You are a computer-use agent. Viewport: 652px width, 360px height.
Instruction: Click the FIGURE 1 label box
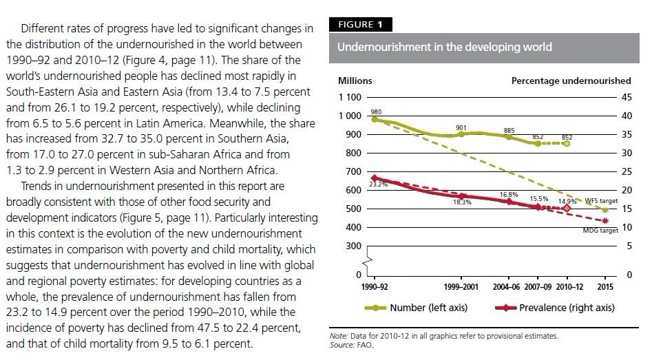364,25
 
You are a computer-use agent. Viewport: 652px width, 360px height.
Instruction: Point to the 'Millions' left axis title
355,81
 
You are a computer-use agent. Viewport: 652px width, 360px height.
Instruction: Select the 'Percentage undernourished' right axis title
571,81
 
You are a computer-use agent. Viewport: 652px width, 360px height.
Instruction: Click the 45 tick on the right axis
626,97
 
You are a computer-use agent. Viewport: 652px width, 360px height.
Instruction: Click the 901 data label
461,128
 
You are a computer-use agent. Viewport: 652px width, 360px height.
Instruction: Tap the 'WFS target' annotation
600,201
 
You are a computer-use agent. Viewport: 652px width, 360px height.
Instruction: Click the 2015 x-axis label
604,286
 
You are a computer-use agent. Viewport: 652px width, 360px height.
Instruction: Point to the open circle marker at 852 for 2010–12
567,143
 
